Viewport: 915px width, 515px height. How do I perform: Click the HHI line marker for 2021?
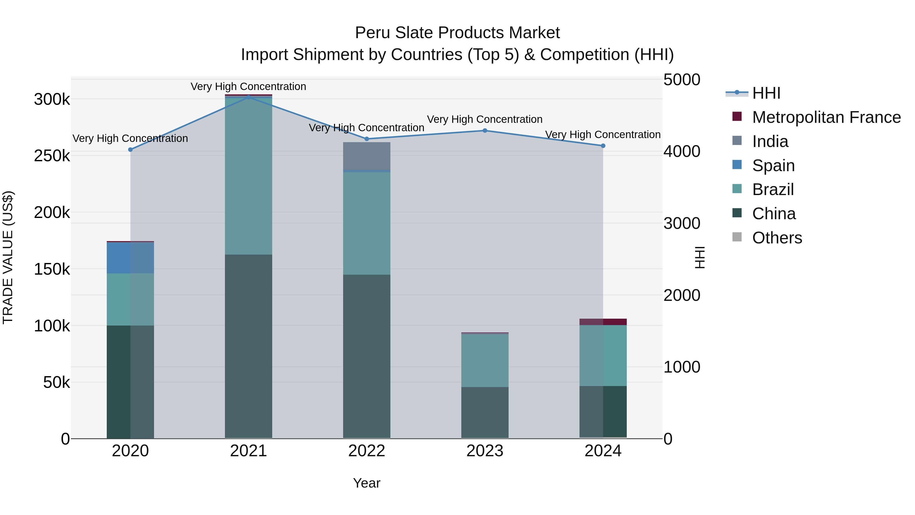(248, 97)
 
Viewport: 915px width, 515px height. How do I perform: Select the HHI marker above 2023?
(485, 130)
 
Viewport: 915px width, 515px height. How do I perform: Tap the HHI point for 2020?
(130, 150)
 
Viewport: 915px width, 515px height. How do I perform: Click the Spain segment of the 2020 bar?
(130, 258)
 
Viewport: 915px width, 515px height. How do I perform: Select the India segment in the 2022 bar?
(367, 156)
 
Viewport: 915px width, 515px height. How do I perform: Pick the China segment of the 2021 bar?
(248, 347)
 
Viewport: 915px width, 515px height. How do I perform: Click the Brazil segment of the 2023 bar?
(485, 361)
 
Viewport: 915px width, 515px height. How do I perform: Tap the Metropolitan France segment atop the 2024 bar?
(603, 322)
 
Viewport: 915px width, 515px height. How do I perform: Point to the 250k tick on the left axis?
(52, 156)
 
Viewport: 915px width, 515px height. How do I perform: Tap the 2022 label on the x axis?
(367, 451)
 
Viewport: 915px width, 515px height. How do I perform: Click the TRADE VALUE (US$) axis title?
(8, 257)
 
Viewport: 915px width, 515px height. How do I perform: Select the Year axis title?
(367, 483)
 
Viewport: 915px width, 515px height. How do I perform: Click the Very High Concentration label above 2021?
(248, 86)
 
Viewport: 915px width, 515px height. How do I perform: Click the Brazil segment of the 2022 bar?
(367, 223)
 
